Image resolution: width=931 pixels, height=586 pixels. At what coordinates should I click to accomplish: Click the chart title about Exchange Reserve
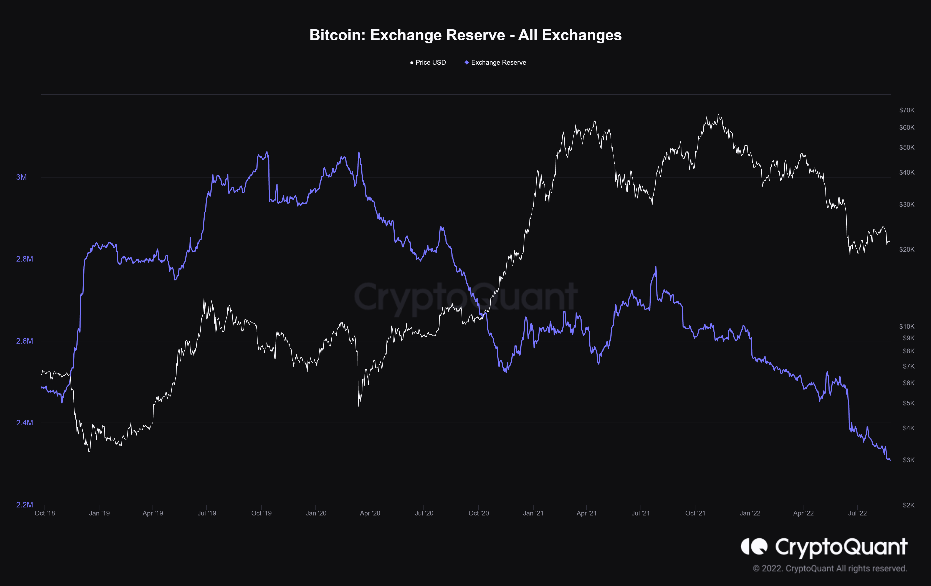click(466, 35)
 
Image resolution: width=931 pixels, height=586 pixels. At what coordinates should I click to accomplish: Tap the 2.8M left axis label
click(24, 259)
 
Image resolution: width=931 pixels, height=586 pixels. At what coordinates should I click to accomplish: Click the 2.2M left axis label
click(24, 505)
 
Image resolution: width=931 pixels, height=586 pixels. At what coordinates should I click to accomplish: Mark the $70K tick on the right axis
click(907, 110)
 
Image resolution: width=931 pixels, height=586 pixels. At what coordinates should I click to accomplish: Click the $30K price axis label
click(907, 205)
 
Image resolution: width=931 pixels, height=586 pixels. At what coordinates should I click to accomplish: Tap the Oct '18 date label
click(45, 513)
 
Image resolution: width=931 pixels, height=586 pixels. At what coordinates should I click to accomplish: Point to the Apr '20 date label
click(370, 513)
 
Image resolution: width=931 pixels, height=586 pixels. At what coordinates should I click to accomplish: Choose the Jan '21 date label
click(533, 513)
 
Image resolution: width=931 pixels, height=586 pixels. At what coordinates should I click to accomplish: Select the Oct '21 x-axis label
click(695, 513)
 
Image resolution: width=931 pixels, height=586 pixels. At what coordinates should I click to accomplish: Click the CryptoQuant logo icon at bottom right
click(754, 546)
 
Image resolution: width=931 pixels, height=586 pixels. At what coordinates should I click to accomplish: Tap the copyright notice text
click(830, 569)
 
